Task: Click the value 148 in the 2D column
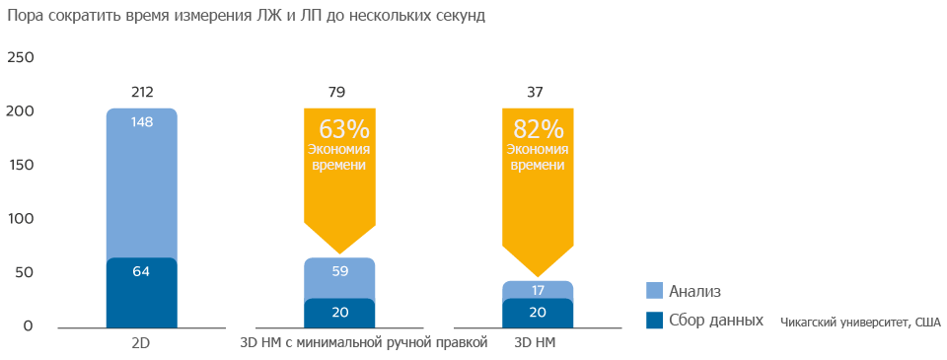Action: click(x=141, y=121)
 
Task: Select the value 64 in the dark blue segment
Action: click(x=141, y=271)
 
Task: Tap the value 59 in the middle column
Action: click(x=340, y=270)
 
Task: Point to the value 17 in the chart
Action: click(x=538, y=290)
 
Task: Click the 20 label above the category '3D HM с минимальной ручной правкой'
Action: click(x=340, y=313)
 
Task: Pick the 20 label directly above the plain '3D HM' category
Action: click(x=538, y=313)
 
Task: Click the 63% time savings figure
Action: click(x=343, y=129)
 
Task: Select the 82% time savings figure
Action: click(x=538, y=129)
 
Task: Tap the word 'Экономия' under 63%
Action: click(x=340, y=149)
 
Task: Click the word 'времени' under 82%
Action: click(x=538, y=166)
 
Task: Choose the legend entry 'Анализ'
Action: click(x=695, y=291)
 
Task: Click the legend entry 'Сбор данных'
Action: click(x=715, y=321)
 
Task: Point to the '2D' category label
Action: click(x=140, y=343)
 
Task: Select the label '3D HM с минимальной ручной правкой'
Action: click(x=364, y=343)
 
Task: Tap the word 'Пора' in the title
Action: click(x=24, y=16)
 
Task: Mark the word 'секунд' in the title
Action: click(x=460, y=16)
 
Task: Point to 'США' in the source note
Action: click(x=927, y=323)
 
